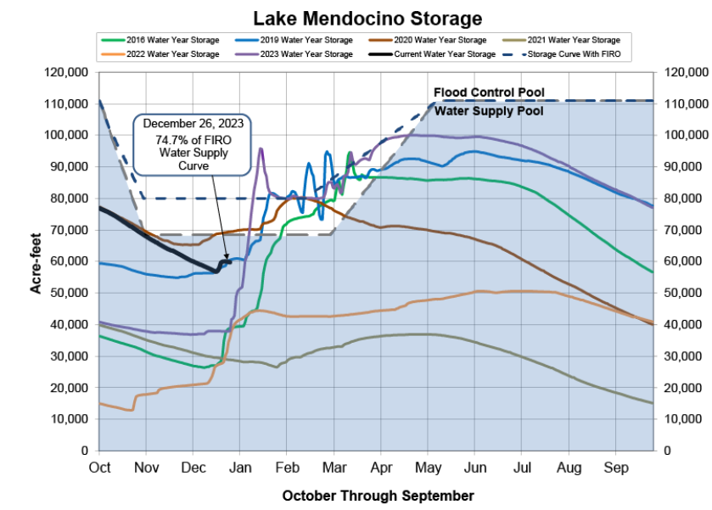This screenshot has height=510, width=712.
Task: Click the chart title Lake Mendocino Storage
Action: click(x=367, y=17)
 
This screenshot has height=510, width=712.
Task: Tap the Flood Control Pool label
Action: click(x=489, y=92)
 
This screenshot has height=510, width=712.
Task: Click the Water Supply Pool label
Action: click(x=489, y=110)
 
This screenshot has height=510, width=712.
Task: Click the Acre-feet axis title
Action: click(x=36, y=261)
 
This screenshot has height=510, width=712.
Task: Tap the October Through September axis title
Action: click(x=378, y=495)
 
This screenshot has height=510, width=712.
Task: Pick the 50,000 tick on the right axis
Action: click(x=682, y=293)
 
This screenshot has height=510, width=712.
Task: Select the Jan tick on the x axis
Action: click(x=240, y=466)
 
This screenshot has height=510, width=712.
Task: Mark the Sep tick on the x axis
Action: click(x=615, y=466)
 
